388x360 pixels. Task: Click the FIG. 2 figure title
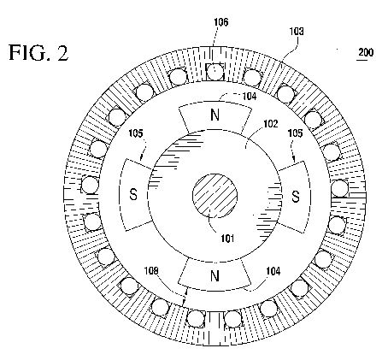coord(38,53)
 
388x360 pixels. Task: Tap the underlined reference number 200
coord(366,52)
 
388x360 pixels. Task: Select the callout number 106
coord(221,22)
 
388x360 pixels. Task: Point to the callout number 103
coord(297,31)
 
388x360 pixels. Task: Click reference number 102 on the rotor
coord(270,124)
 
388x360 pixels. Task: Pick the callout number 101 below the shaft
coord(227,239)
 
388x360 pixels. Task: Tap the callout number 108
coord(151,271)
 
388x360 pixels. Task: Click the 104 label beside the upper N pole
coord(250,97)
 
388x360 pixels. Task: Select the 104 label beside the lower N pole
coord(273,271)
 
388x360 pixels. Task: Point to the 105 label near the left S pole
coord(136,133)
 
